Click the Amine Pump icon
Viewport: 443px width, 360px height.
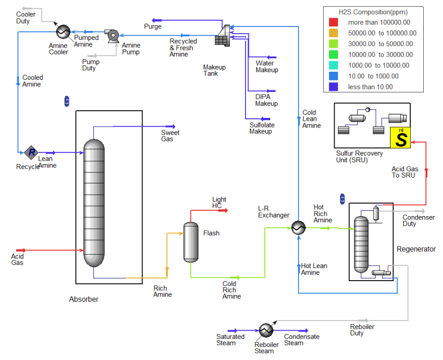[113, 36]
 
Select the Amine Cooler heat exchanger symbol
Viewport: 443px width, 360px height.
[63, 31]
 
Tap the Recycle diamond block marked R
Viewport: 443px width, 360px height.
[31, 153]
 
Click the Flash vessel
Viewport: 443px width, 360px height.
[191, 242]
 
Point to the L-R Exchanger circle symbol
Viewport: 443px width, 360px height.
[299, 228]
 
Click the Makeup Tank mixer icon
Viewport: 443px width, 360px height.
[222, 36]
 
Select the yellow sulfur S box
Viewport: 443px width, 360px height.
[400, 138]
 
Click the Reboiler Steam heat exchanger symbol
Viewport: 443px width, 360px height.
[266, 330]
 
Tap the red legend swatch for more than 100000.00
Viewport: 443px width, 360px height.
[333, 22]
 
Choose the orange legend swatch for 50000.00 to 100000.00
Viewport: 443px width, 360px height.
[333, 33]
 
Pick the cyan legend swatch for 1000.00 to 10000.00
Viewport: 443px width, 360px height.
[333, 65]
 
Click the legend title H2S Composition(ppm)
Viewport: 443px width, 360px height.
[373, 12]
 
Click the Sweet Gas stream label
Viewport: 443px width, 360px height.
[170, 136]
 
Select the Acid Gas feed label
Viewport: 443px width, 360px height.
[17, 259]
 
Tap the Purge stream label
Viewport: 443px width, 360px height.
[153, 26]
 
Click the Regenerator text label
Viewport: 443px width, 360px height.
[416, 249]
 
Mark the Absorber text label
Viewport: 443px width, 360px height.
[84, 299]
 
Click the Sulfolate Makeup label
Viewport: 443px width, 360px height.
[262, 128]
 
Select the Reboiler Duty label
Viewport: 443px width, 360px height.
[362, 330]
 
